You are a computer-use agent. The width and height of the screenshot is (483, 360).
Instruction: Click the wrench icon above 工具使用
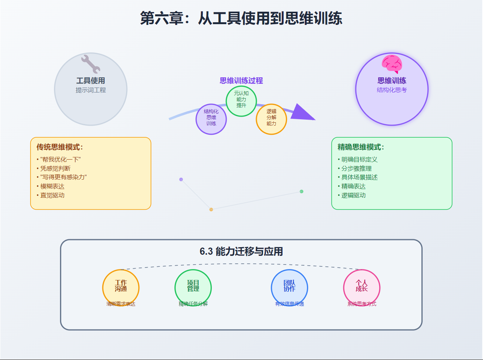click(91, 64)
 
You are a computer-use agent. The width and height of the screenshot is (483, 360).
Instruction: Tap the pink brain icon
click(392, 63)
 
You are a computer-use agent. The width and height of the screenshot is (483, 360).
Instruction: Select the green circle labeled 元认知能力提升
click(241, 99)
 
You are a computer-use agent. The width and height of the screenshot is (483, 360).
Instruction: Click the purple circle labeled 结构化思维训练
click(211, 118)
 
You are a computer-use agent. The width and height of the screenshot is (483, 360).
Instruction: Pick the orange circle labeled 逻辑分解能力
click(272, 118)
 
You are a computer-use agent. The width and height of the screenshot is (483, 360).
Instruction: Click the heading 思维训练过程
click(241, 80)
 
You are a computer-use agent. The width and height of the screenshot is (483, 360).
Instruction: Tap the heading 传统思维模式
click(60, 147)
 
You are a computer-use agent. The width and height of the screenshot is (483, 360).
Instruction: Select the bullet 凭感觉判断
click(55, 168)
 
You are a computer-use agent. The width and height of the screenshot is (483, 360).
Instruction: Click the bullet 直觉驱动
click(52, 195)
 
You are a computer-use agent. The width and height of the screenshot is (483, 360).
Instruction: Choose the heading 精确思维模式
click(361, 147)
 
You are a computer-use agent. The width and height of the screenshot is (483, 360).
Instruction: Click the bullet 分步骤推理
click(356, 168)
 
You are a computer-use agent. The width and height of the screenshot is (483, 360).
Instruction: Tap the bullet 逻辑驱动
click(353, 195)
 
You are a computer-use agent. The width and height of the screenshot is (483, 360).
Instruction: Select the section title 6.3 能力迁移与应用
click(241, 251)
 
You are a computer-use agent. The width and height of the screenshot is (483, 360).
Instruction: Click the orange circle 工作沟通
click(121, 287)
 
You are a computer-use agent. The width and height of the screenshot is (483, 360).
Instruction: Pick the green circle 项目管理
click(193, 287)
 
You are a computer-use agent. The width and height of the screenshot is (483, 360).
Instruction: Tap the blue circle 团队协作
click(290, 287)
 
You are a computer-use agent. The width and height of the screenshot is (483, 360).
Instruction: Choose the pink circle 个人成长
click(362, 287)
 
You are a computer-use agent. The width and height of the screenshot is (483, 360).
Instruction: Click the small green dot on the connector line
click(301, 191)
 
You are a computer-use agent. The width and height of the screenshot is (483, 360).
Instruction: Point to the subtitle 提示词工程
click(91, 90)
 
